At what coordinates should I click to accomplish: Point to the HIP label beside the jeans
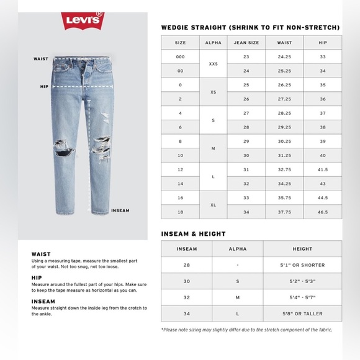point(44,87)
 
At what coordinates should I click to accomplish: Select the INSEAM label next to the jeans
point(120,210)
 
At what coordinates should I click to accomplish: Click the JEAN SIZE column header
point(246,43)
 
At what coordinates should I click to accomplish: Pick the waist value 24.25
point(285,56)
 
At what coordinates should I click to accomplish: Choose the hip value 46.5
point(323,212)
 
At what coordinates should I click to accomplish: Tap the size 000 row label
point(181,56)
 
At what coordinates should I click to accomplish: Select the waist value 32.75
point(285,169)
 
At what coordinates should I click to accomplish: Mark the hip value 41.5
point(323,169)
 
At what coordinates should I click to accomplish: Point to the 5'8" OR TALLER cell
point(302,313)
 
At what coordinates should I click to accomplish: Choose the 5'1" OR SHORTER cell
point(302,265)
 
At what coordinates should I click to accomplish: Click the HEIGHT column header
point(302,249)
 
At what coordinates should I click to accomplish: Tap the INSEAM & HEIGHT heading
point(194,234)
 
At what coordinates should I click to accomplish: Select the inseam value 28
point(186,265)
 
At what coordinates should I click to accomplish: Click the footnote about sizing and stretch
point(246,330)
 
